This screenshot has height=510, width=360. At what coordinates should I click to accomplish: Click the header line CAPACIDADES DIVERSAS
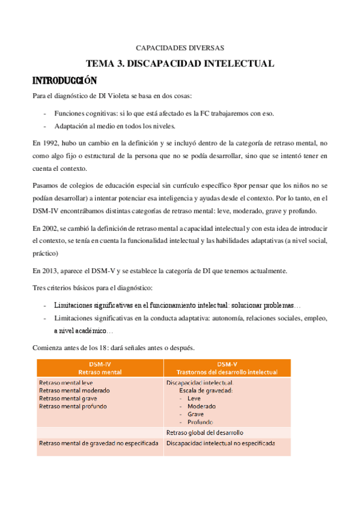point(180,48)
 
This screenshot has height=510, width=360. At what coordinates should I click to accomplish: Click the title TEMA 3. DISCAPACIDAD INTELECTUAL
point(180,63)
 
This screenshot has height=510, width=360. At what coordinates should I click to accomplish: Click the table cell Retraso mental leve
point(66,382)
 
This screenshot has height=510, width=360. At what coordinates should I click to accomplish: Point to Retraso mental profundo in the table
point(73,406)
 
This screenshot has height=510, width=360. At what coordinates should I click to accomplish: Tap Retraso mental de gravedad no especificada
point(99,444)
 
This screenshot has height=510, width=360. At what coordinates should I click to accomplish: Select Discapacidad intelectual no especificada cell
point(221,444)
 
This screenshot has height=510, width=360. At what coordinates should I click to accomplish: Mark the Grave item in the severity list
point(195,414)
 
